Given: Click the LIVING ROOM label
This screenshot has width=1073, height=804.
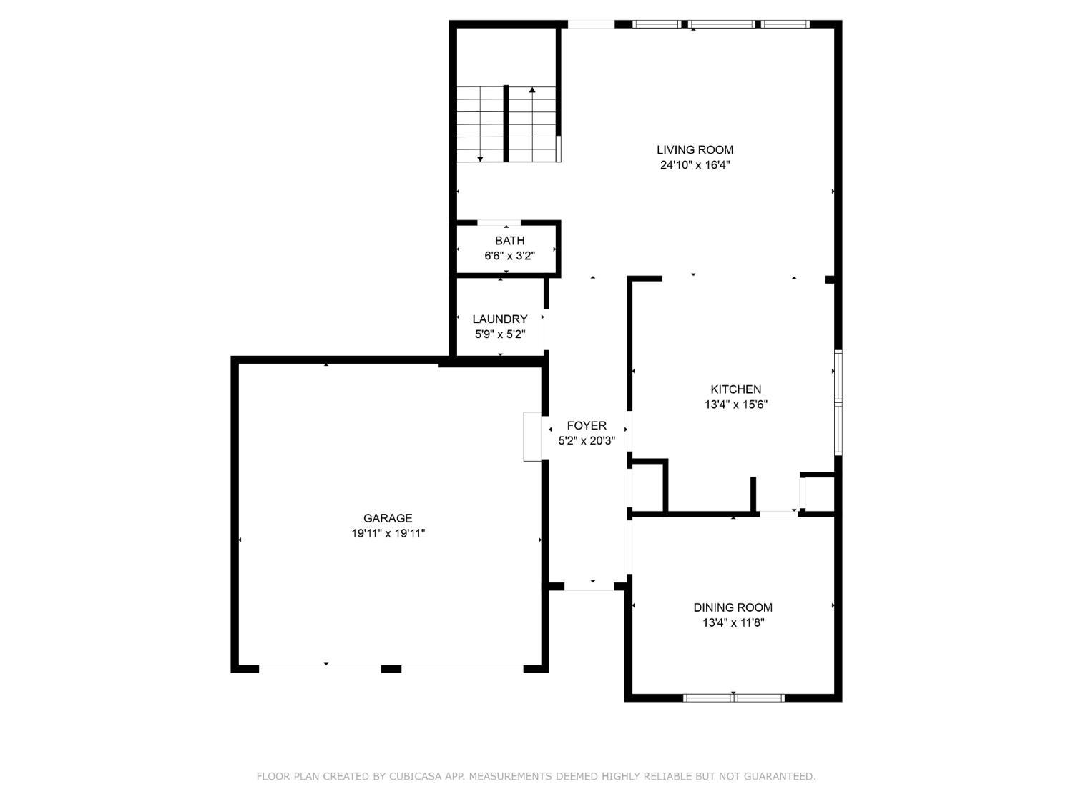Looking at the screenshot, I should [695, 149].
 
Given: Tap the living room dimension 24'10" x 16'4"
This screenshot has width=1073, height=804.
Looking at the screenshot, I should [695, 165].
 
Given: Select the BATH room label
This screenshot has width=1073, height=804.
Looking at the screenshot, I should [509, 241].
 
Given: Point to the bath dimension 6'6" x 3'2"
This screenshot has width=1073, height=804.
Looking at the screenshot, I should [509, 256].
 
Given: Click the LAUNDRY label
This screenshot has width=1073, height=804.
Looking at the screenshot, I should [499, 319].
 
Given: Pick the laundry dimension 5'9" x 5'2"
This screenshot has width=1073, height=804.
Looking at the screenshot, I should [499, 334].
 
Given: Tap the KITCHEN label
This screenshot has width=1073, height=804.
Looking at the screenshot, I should [735, 389].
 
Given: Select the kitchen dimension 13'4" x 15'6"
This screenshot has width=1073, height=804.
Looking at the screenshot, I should [735, 405].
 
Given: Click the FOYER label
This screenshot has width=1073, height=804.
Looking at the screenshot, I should [587, 426].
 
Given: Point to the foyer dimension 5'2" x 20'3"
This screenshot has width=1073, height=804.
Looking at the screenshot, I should [587, 441].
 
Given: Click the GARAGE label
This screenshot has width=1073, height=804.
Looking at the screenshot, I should [388, 518].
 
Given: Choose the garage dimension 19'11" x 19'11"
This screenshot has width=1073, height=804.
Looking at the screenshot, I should [388, 533].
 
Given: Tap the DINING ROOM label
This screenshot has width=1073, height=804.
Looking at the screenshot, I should [733, 607].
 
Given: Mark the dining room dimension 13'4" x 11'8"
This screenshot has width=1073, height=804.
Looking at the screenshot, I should [733, 622].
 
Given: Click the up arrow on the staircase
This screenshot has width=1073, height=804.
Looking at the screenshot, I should [532, 91].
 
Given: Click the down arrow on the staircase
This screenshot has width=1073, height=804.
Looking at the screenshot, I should [480, 158].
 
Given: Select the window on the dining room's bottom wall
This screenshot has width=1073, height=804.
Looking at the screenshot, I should [734, 698].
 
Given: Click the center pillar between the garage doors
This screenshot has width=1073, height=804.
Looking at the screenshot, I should [391, 669].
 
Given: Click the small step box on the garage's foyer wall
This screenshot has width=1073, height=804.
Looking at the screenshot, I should [532, 436].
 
